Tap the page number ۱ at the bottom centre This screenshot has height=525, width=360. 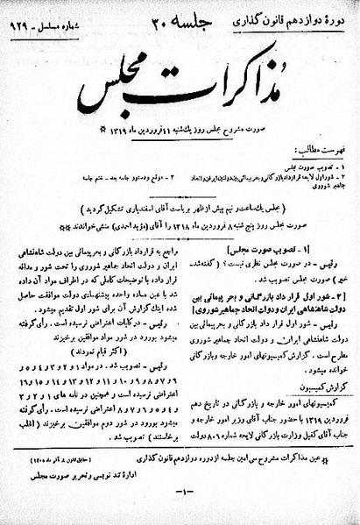tap(180, 510)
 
